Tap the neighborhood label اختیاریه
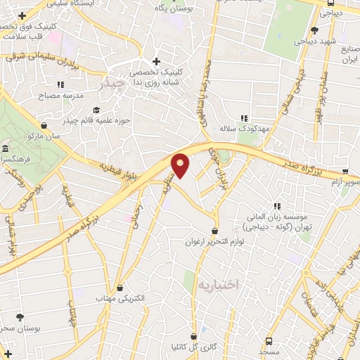pos(217,285)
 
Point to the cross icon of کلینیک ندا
pos(156,61)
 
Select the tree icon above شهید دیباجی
pos(314,30)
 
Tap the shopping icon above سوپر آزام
pos(345,171)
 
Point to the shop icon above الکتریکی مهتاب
pos(120,288)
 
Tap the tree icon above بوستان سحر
pos(20,317)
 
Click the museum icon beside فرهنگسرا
pos(6,149)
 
